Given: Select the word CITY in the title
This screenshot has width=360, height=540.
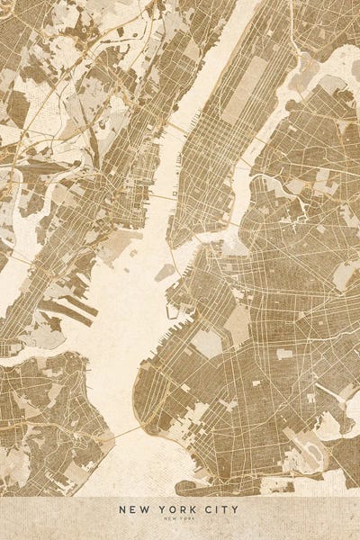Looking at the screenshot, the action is [x=220, y=509].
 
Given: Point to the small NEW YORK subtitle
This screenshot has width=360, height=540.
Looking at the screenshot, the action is [x=180, y=520].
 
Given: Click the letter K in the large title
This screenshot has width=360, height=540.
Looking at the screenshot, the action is [x=188, y=509].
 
